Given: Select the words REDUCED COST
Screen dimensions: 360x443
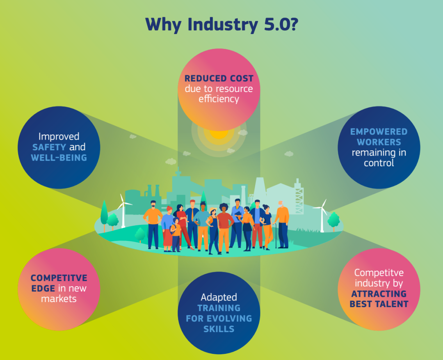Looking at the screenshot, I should point(219,78).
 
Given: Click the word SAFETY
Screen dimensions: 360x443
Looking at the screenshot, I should point(49,147).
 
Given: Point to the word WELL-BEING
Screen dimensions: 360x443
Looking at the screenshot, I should point(59,158).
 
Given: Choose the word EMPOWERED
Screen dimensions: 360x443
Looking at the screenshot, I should point(379,132).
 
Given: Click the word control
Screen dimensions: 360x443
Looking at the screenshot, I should point(379,163).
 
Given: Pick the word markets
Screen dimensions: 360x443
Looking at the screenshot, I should point(59,298).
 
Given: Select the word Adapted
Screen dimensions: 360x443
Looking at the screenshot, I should point(219,297).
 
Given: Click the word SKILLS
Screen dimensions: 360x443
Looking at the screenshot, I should point(219,329).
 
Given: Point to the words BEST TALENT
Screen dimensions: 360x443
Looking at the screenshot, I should point(379,304).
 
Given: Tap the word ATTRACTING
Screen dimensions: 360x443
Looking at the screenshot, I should point(379,294).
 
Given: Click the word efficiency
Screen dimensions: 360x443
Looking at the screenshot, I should point(219,99).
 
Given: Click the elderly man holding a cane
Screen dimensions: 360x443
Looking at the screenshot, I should point(282,224).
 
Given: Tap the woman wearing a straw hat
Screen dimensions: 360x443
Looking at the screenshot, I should point(213,230).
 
